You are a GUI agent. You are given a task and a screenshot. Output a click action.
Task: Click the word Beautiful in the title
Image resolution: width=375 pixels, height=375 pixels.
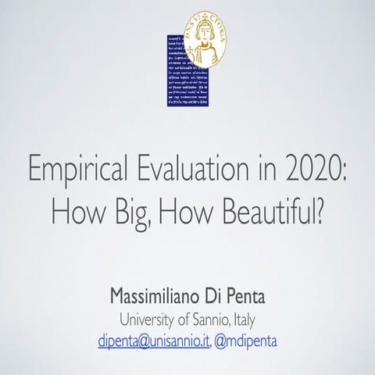pyautogui.click(x=266, y=212)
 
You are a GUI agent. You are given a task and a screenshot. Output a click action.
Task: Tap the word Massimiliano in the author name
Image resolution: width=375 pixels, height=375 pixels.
pyautogui.click(x=161, y=300)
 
